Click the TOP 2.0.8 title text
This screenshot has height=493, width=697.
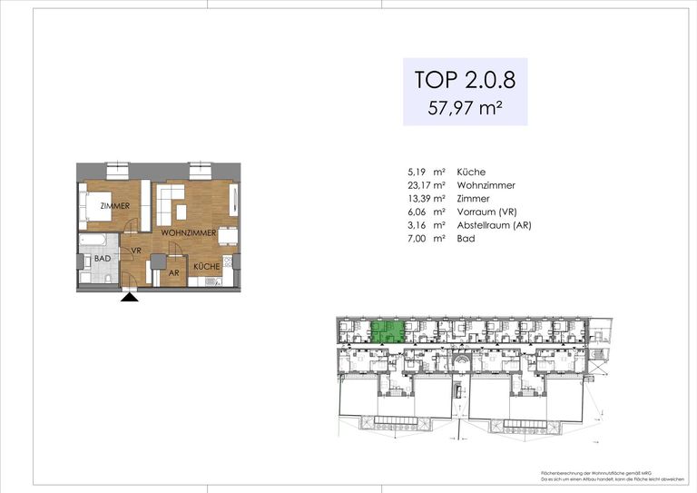coord(465,79)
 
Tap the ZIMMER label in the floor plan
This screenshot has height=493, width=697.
coord(103,206)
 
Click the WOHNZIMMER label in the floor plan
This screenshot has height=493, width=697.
coord(188,233)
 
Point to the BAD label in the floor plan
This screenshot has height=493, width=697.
coord(103,258)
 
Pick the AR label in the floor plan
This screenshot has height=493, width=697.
coord(172,271)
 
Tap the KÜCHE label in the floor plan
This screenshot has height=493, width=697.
coord(207,266)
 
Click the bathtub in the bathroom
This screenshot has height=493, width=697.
coord(93,242)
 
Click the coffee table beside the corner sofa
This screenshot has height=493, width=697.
coord(182,211)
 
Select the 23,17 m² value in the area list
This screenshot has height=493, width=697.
coord(427,184)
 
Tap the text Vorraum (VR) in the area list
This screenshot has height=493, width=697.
coord(487,212)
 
